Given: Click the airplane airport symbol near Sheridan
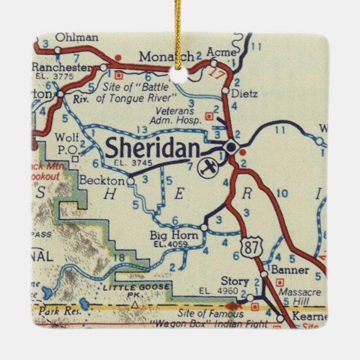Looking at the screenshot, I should pyautogui.click(x=210, y=166).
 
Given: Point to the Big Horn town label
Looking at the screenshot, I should pyautogui.click(x=174, y=236).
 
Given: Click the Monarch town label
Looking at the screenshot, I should pyautogui.click(x=166, y=57).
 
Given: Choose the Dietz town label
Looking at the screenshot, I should pyautogui.click(x=244, y=94).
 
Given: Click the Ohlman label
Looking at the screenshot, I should pyautogui.click(x=80, y=38).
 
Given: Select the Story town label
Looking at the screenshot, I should pyautogui.click(x=234, y=281).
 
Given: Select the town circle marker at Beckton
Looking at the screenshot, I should pyautogui.click(x=130, y=181).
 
